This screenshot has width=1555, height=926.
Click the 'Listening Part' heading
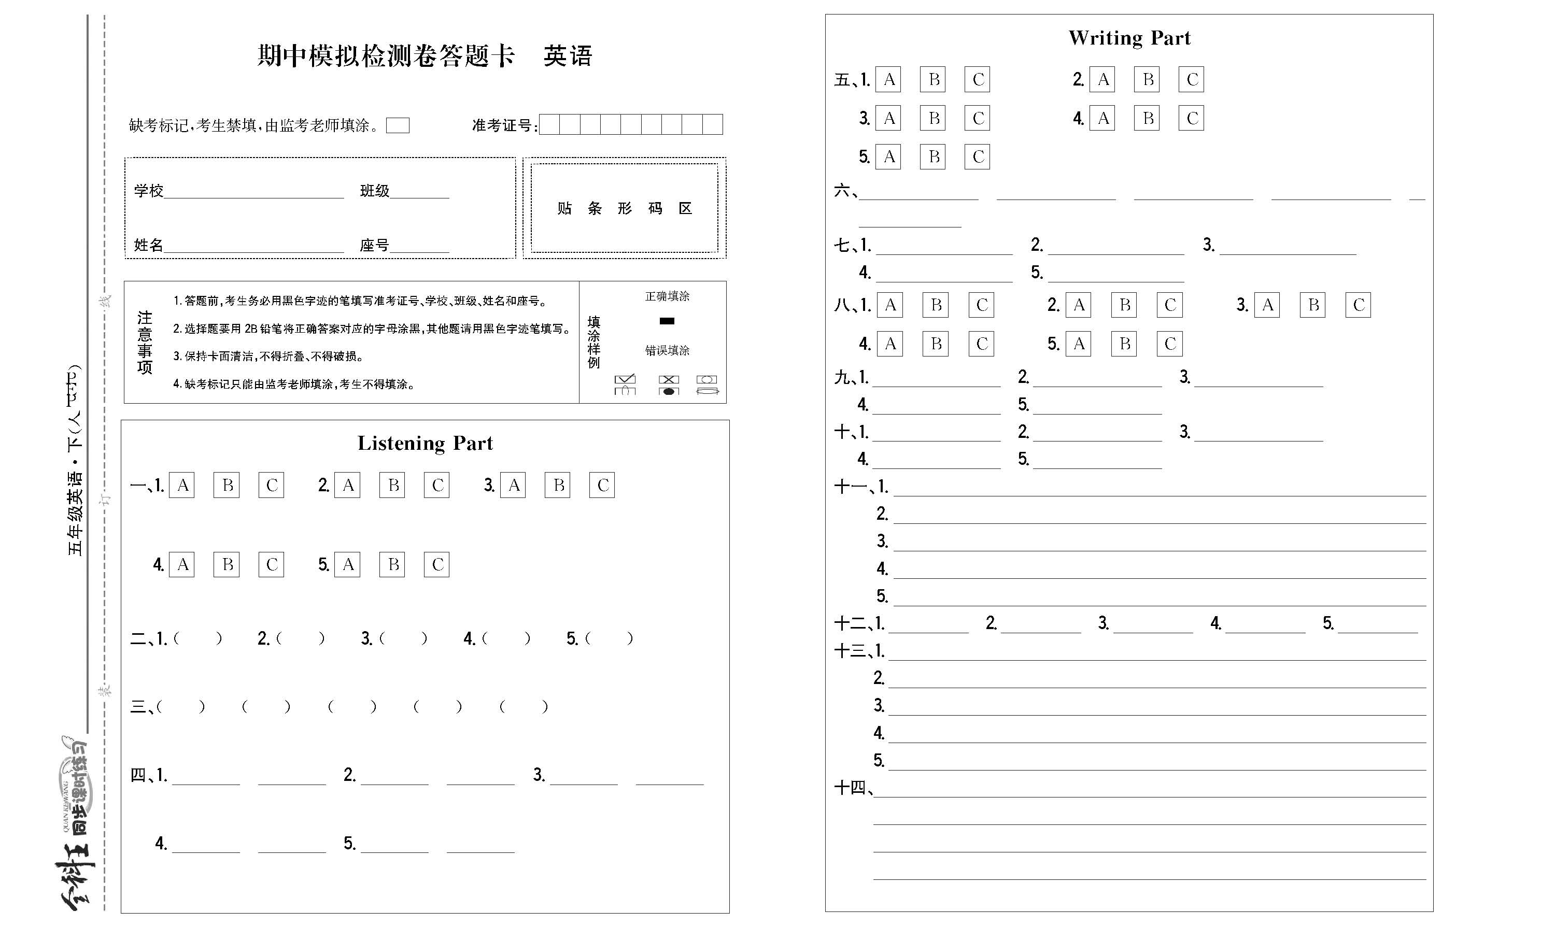tap(425, 443)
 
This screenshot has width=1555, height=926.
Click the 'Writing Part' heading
tap(1129, 38)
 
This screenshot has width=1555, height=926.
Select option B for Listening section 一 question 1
tap(227, 485)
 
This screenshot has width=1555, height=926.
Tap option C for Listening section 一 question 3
tap(602, 485)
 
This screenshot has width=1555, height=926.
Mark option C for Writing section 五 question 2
tap(1191, 79)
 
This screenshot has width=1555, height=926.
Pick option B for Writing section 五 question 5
tap(933, 156)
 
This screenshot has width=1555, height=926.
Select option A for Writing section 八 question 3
tap(1267, 305)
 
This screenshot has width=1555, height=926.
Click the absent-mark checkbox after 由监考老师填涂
tap(398, 125)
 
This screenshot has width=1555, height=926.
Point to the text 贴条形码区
tap(625, 208)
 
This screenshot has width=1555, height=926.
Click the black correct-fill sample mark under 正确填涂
tap(667, 321)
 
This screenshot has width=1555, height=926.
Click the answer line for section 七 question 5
tap(1115, 275)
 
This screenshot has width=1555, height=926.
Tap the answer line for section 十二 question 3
tap(1153, 625)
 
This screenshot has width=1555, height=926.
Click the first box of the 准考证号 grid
tap(549, 125)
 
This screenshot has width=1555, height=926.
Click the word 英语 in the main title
tap(567, 56)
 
